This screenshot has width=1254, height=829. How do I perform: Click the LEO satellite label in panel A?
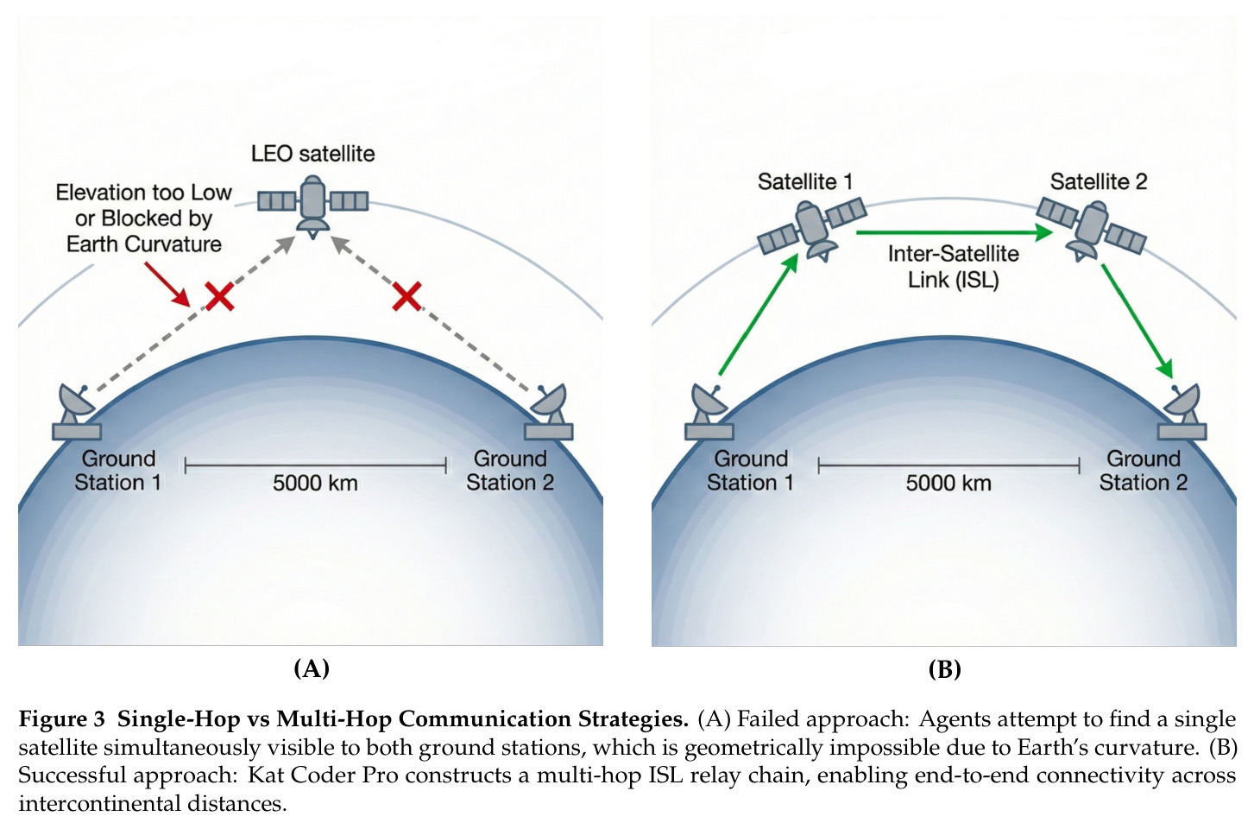pos(312,154)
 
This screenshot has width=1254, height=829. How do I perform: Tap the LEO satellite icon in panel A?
pos(312,206)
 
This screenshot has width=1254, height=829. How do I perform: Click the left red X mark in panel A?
pos(219,296)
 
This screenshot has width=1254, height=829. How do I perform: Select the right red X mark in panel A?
pos(406,296)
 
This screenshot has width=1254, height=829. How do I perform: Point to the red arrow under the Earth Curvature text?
pos(167,285)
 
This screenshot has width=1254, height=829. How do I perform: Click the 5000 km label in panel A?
pos(315,483)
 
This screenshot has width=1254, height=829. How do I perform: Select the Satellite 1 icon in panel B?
pos(812,230)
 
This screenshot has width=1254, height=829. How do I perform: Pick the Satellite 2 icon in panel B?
pos(1091,230)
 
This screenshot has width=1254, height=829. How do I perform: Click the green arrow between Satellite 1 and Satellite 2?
pos(955,232)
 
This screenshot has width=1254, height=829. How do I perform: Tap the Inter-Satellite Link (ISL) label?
pos(954,267)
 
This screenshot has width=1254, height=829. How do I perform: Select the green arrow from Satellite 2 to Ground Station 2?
pos(1137,321)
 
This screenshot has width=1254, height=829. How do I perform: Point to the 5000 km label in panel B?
pos(948,483)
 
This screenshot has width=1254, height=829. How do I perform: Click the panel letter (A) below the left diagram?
pos(312,668)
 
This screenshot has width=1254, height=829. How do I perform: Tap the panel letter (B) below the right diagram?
pos(944,669)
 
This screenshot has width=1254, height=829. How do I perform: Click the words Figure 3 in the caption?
pos(61,719)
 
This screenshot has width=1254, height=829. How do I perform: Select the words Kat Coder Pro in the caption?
pos(324,775)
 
